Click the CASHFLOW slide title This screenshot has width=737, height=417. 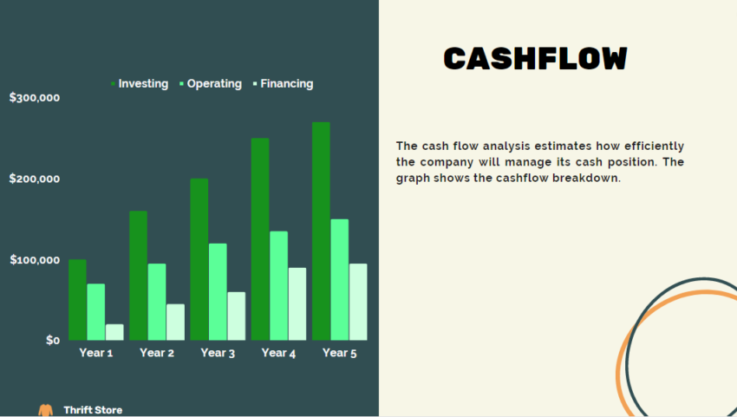[x=535, y=58]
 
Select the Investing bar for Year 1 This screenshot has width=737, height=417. [x=77, y=299]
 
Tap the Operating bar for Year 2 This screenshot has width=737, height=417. [x=156, y=302]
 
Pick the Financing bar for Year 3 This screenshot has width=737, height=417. [x=236, y=316]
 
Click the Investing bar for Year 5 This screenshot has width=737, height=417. [x=321, y=231]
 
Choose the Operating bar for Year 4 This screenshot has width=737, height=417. [x=278, y=285]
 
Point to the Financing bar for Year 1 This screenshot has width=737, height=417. [x=114, y=332]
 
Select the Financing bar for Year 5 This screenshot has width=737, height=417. [x=357, y=302]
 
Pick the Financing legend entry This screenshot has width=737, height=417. [x=286, y=84]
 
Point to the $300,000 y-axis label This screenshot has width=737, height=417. [x=35, y=98]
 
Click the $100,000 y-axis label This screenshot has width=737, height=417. [x=35, y=260]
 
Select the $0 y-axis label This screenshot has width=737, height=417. [x=53, y=340]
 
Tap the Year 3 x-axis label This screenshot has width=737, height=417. [x=218, y=353]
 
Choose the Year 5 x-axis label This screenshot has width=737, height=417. [x=339, y=353]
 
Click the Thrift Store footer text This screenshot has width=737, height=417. [x=93, y=410]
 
